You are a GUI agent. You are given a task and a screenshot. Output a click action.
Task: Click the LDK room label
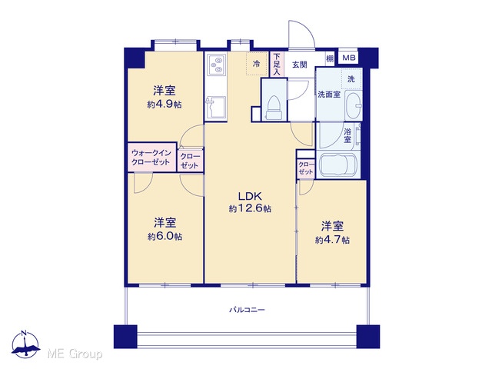click(250, 197)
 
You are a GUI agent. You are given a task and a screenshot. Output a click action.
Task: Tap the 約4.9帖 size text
click(165, 105)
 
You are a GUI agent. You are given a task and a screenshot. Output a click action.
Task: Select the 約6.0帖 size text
click(165, 236)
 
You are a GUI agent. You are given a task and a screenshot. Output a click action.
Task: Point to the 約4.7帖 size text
click(332, 240)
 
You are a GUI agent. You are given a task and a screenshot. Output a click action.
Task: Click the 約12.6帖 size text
click(250, 208)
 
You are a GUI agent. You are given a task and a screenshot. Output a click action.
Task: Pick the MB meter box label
click(348, 58)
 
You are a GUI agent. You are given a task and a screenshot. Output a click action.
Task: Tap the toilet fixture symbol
click(274, 108)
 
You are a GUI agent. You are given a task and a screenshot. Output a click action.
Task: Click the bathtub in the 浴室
click(338, 165)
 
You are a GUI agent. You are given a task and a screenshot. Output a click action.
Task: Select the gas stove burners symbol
click(216, 65)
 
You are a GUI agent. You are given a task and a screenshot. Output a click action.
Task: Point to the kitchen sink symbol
click(216, 108)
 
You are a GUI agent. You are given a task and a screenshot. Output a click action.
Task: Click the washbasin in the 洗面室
click(354, 106)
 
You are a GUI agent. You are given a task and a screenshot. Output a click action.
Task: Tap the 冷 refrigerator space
click(257, 64)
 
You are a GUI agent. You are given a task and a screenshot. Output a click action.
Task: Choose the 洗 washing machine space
click(351, 79)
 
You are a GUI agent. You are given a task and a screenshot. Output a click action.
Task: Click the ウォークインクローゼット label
click(151, 158)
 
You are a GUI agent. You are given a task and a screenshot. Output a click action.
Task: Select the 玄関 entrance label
click(300, 65)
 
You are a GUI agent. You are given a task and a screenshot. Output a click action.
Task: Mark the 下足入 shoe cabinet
click(277, 65)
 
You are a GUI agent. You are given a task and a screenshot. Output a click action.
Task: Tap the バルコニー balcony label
click(247, 310)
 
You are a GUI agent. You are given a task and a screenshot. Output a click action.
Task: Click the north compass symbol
click(25, 344)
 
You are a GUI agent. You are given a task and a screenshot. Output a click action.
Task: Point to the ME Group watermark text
click(75, 354)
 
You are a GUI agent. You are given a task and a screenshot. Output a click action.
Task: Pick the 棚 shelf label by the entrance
click(330, 58)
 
